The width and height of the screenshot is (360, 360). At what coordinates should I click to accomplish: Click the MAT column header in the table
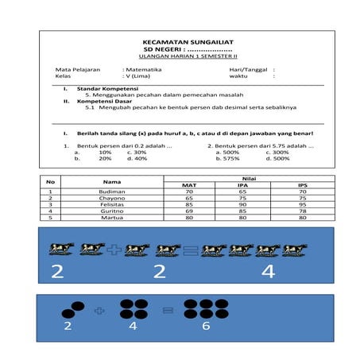coord(189,185)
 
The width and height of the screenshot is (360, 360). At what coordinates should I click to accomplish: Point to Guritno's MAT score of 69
coord(189,211)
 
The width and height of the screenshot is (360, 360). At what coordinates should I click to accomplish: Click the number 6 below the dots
coord(205,326)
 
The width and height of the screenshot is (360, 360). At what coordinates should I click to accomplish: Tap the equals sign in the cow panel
coord(189,250)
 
